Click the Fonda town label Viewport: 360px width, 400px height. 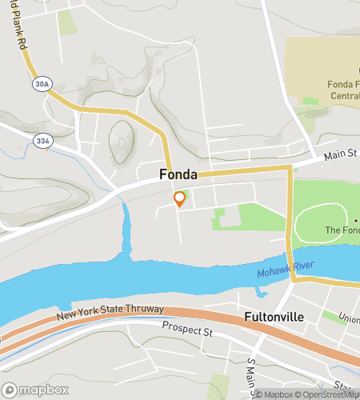pyautogui.click(x=178, y=174)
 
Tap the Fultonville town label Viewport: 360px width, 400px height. pyautogui.click(x=274, y=317)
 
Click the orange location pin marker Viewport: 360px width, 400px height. pyautogui.click(x=180, y=199)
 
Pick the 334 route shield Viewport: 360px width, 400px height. pyautogui.click(x=42, y=140)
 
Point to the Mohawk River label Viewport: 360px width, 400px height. pyautogui.click(x=286, y=270)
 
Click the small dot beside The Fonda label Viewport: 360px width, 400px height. pyautogui.click(x=355, y=220)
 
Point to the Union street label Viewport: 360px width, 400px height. pyautogui.click(x=349, y=319)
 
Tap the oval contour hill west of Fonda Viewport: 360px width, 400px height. pyautogui.click(x=121, y=141)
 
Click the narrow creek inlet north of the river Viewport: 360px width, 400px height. pyautogui.click(x=126, y=232)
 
